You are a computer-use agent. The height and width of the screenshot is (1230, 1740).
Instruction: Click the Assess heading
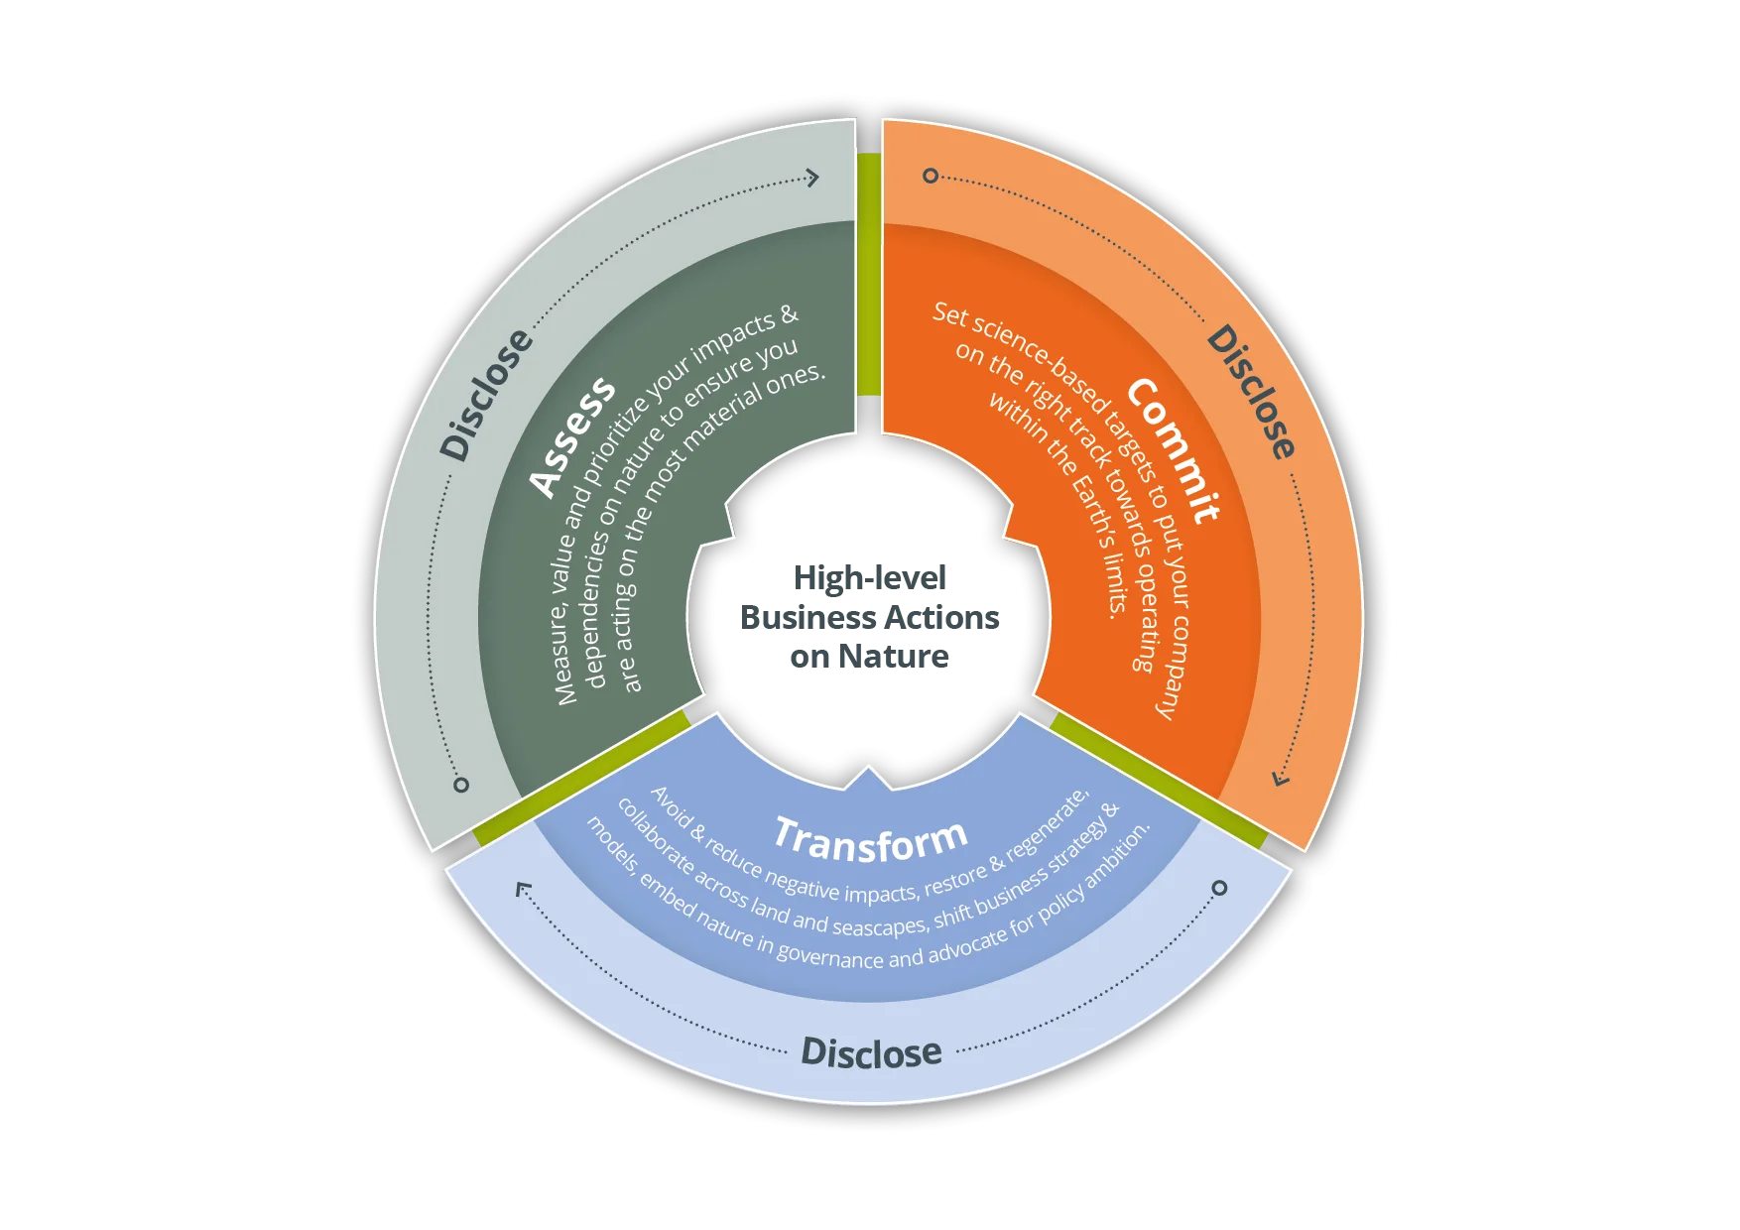click(x=572, y=436)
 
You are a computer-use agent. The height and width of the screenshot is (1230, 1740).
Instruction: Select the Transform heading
click(x=871, y=839)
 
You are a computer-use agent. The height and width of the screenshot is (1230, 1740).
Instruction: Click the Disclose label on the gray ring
click(x=486, y=395)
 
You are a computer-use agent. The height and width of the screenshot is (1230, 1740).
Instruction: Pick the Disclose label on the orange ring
click(x=1251, y=392)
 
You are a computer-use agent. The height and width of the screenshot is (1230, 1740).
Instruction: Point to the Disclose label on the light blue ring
click(x=871, y=1052)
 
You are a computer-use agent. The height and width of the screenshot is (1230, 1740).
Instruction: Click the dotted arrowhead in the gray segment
click(x=812, y=178)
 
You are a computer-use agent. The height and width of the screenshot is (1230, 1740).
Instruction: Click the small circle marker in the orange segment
click(x=931, y=176)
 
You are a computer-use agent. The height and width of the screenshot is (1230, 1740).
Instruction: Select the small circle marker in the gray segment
click(x=461, y=785)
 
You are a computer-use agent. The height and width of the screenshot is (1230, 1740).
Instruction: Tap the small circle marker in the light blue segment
click(x=1220, y=888)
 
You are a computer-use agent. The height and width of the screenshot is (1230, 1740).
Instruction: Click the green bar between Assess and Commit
click(x=869, y=273)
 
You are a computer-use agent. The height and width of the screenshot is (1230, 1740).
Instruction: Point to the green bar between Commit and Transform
click(x=1157, y=780)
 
